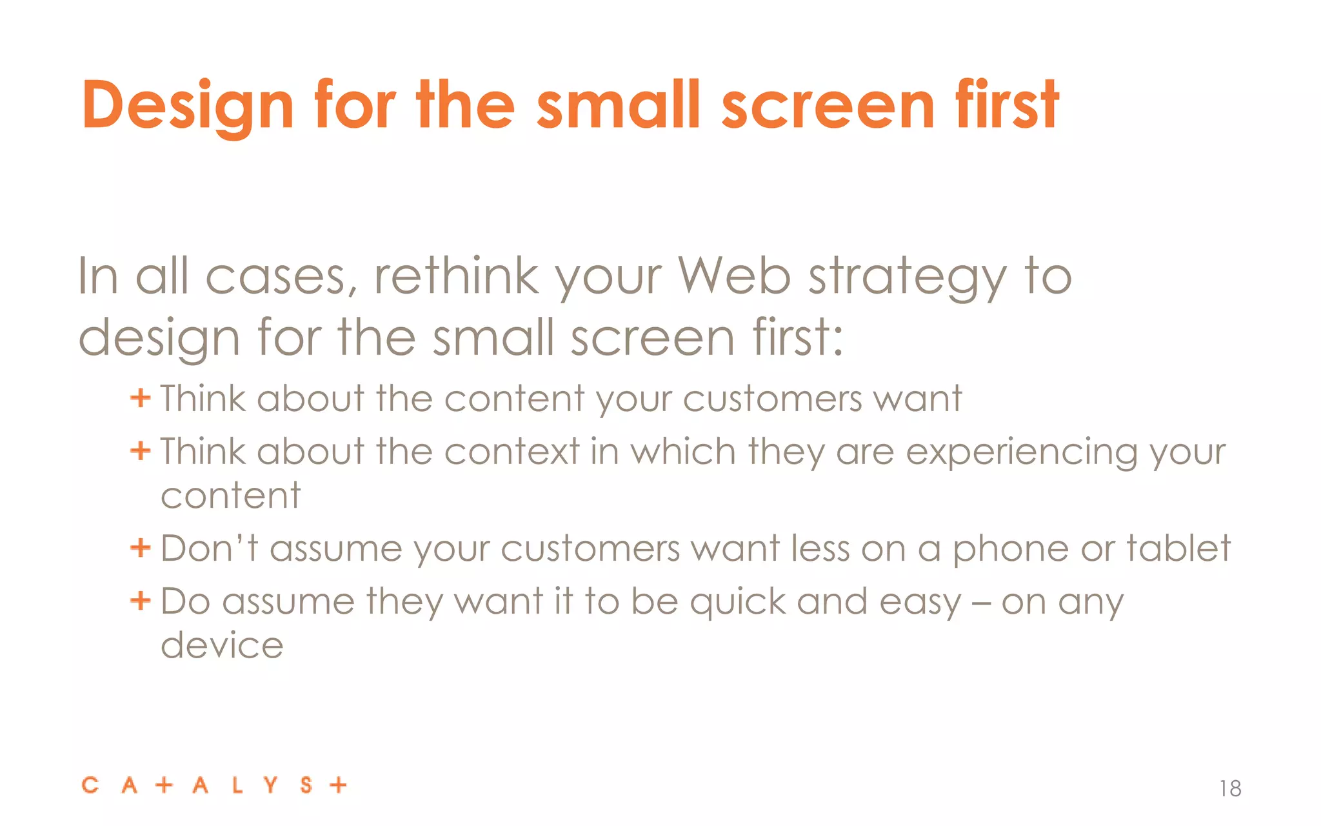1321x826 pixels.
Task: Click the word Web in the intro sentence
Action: click(734, 277)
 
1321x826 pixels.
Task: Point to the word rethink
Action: click(456, 276)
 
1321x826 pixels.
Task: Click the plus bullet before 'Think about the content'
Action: click(140, 398)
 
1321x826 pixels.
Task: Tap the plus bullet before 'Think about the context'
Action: click(140, 450)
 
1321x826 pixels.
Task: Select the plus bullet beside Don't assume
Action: click(140, 549)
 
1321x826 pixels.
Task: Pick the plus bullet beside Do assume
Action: click(140, 601)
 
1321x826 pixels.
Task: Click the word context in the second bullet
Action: click(512, 451)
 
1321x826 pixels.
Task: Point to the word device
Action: click(222, 645)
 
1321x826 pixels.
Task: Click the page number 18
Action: click(1230, 789)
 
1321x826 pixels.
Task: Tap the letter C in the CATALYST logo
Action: click(90, 785)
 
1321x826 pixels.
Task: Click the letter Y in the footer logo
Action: click(270, 785)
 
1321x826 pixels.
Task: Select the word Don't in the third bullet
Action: click(209, 549)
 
